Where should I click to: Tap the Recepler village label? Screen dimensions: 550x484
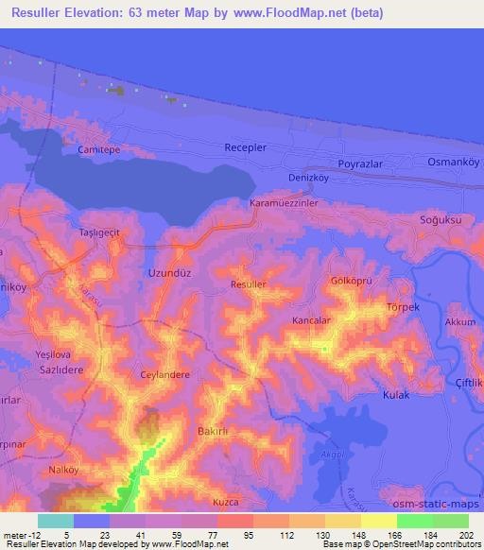coord(246,148)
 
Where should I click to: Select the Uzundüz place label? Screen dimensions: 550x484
coord(170,274)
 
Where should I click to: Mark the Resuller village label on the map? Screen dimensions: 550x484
coord(249,284)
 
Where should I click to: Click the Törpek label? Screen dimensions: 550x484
coord(403,307)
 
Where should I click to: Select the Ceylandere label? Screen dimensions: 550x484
coord(165,374)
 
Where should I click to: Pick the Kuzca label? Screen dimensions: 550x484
coord(226,502)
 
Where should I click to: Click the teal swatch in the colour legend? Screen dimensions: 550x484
coord(55,521)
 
